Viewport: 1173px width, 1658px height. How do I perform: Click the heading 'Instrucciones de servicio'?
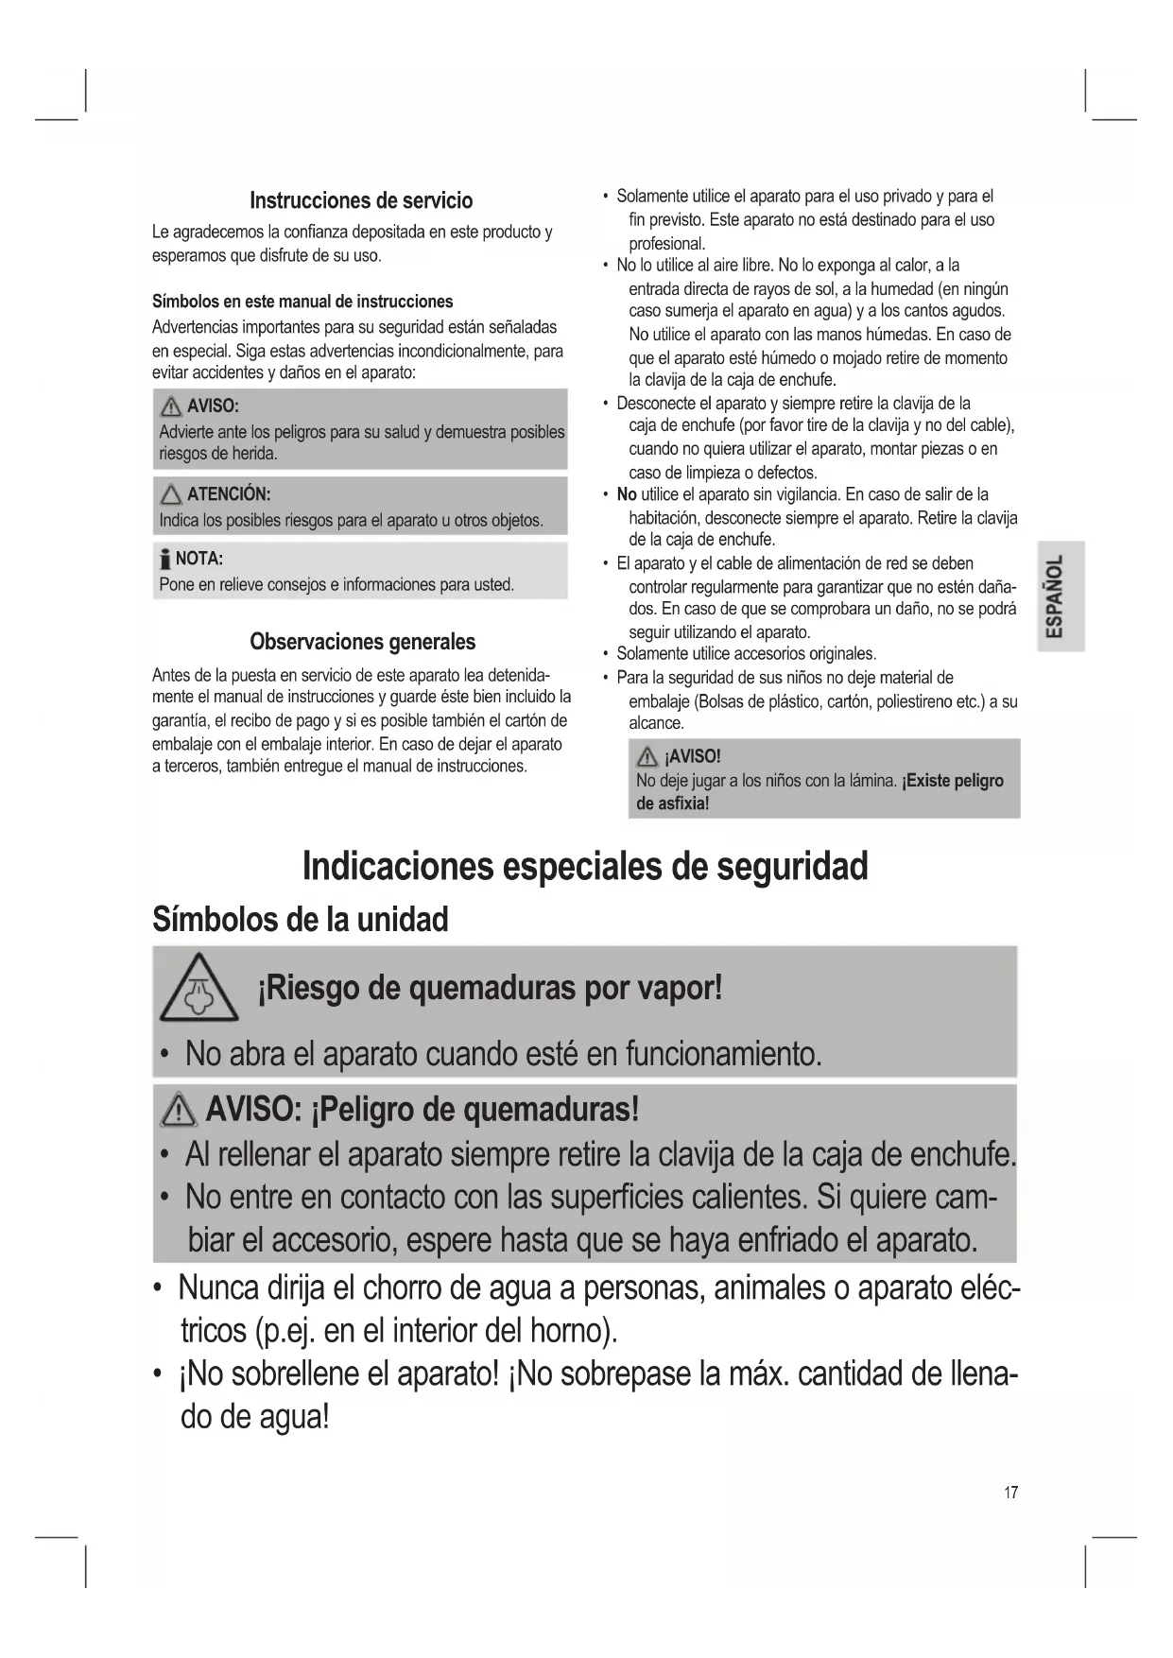tap(361, 200)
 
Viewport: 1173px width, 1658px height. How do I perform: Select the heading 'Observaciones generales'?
tap(362, 642)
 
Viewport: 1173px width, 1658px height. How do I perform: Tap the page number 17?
tap(1011, 1493)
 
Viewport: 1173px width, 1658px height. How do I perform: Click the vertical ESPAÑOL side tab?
tap(1060, 596)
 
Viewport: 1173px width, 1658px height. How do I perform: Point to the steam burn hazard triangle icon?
tap(198, 990)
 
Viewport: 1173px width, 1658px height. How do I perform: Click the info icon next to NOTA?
tap(165, 559)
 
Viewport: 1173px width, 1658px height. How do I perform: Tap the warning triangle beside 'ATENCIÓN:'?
tap(171, 494)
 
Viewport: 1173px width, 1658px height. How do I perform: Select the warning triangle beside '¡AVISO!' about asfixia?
tap(648, 757)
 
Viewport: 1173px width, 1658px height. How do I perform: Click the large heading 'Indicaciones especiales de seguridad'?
tap(585, 866)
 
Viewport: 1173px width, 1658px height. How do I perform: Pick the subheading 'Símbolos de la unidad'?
tap(301, 919)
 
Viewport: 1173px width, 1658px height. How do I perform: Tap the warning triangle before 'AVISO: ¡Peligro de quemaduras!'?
tap(180, 1110)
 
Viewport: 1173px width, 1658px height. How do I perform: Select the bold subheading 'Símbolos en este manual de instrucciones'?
tap(302, 302)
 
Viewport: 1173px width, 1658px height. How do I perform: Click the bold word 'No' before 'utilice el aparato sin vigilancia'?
tap(627, 494)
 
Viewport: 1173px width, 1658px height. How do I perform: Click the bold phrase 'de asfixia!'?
tap(672, 803)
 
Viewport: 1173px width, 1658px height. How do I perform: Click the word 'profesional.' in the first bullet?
tap(667, 243)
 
